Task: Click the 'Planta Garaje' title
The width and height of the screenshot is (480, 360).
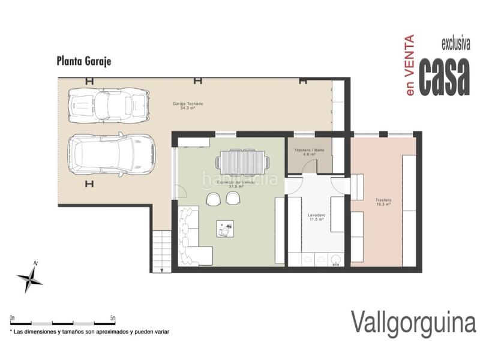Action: click(84, 61)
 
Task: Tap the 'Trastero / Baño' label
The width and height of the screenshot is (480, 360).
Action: click(309, 152)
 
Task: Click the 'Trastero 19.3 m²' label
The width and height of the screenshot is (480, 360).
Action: click(383, 202)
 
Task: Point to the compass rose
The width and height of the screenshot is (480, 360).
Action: click(29, 277)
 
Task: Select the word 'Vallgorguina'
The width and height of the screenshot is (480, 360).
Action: click(413, 322)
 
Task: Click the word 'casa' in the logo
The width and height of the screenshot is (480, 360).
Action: click(444, 76)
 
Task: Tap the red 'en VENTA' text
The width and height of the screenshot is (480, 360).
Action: click(410, 65)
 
